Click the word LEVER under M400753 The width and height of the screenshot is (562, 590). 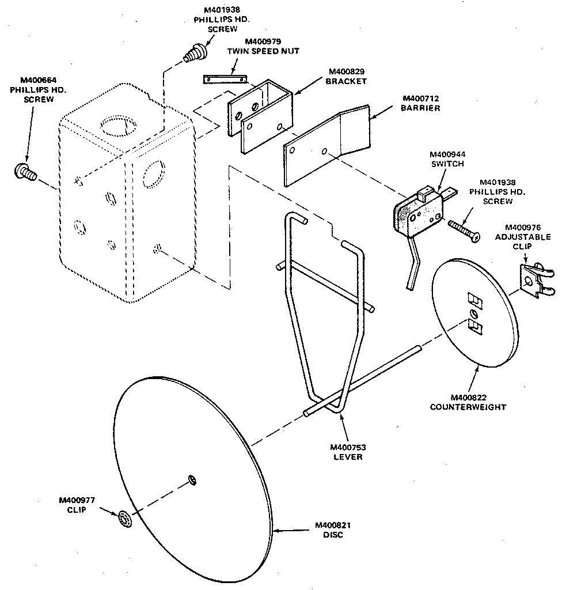347,457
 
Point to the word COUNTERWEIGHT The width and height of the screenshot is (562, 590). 468,407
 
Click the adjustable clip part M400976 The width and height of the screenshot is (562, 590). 531,281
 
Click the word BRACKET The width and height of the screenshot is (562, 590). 346,81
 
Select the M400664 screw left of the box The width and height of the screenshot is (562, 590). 25,171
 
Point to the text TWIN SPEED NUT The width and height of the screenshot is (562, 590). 263,51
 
